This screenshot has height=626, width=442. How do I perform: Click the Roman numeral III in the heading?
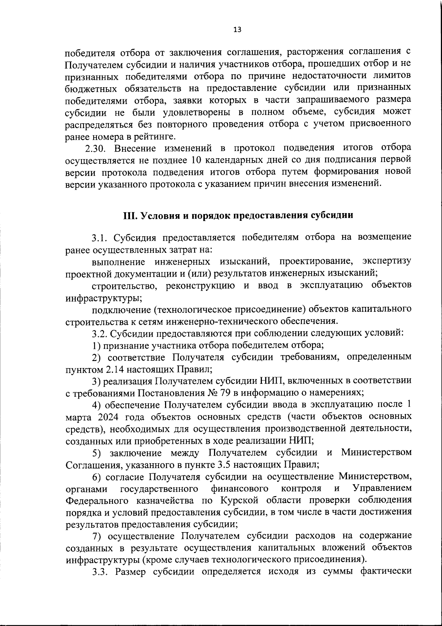tap(129, 215)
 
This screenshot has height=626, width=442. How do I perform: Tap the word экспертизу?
tap(386, 261)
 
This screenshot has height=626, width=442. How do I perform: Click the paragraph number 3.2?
tap(99, 333)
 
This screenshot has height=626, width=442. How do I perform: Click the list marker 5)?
tap(97, 453)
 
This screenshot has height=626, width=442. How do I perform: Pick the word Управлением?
tap(382, 489)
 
